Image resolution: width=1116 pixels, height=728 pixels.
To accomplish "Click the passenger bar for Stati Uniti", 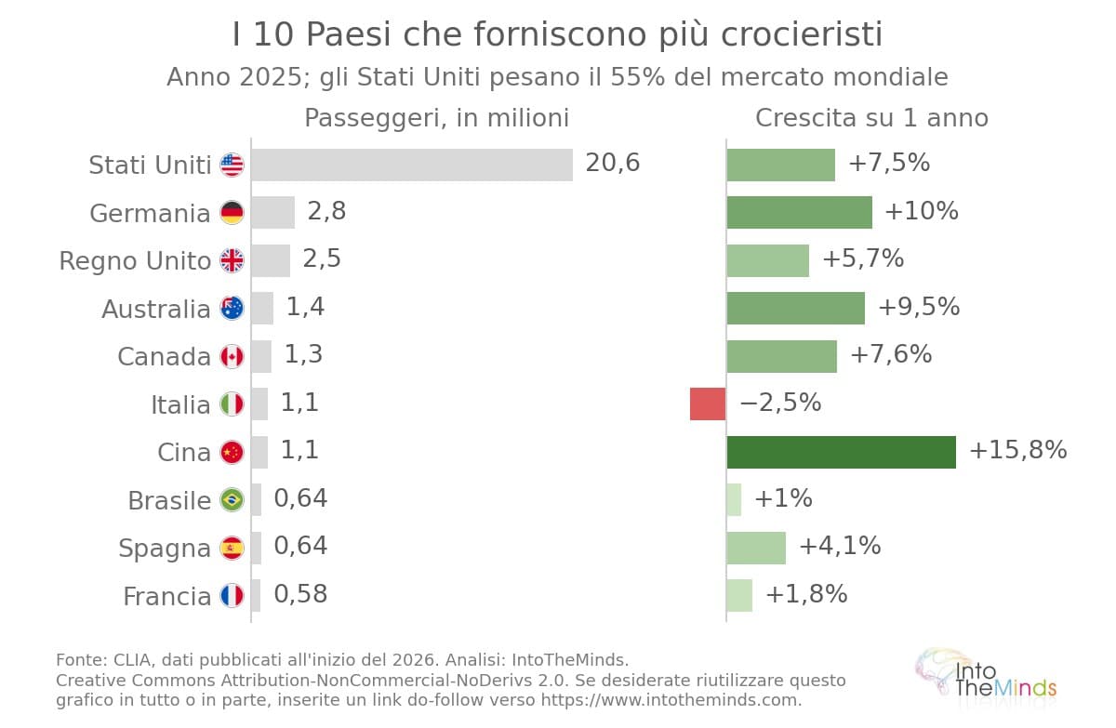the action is [x=412, y=165].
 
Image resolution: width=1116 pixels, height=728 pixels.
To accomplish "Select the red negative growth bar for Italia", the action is [x=708, y=404].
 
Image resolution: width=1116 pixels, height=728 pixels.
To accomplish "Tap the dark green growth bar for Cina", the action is [x=842, y=452].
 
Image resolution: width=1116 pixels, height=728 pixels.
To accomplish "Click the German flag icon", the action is [x=232, y=213].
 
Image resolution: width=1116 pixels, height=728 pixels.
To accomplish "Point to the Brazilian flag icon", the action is [x=232, y=500].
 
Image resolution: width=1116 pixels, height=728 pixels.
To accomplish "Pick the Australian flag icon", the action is [x=232, y=309].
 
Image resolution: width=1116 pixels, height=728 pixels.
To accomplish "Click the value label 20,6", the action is [x=612, y=163].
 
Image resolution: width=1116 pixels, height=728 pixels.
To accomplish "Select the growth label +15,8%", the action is [x=1017, y=450].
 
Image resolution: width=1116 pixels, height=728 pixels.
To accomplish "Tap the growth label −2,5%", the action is [x=780, y=403].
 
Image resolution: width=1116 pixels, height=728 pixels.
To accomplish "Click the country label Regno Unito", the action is [x=135, y=261].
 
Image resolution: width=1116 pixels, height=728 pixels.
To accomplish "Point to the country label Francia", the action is [x=166, y=596].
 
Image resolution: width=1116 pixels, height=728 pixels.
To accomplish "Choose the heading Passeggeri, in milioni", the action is [x=436, y=118].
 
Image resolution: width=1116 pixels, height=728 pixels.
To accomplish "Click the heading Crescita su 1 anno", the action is [x=872, y=118].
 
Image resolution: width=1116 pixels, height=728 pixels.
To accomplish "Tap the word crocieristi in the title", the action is [x=802, y=34].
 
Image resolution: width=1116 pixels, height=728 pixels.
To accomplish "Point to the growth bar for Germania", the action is [x=800, y=213].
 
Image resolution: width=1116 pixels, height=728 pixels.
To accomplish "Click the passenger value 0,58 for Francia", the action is [x=300, y=594].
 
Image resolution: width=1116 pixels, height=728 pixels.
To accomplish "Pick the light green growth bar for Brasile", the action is [x=734, y=500].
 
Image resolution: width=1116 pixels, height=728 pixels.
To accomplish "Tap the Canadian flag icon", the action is [x=232, y=356].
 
